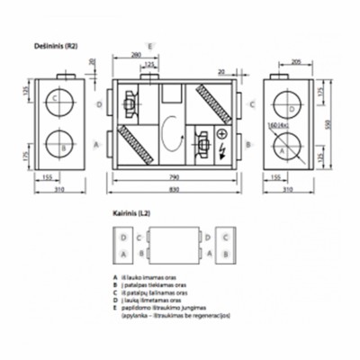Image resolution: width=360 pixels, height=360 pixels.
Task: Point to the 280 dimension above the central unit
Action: pyautogui.click(x=136, y=57)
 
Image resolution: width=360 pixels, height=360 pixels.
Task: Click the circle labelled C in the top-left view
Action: pyautogui.click(x=56, y=98)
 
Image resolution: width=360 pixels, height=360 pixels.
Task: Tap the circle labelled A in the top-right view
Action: pyautogui.click(x=285, y=150)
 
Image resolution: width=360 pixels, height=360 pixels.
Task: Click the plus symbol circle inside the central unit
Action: pyautogui.click(x=221, y=136)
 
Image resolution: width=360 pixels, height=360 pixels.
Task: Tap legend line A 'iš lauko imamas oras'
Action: pyautogui.click(x=149, y=278)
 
